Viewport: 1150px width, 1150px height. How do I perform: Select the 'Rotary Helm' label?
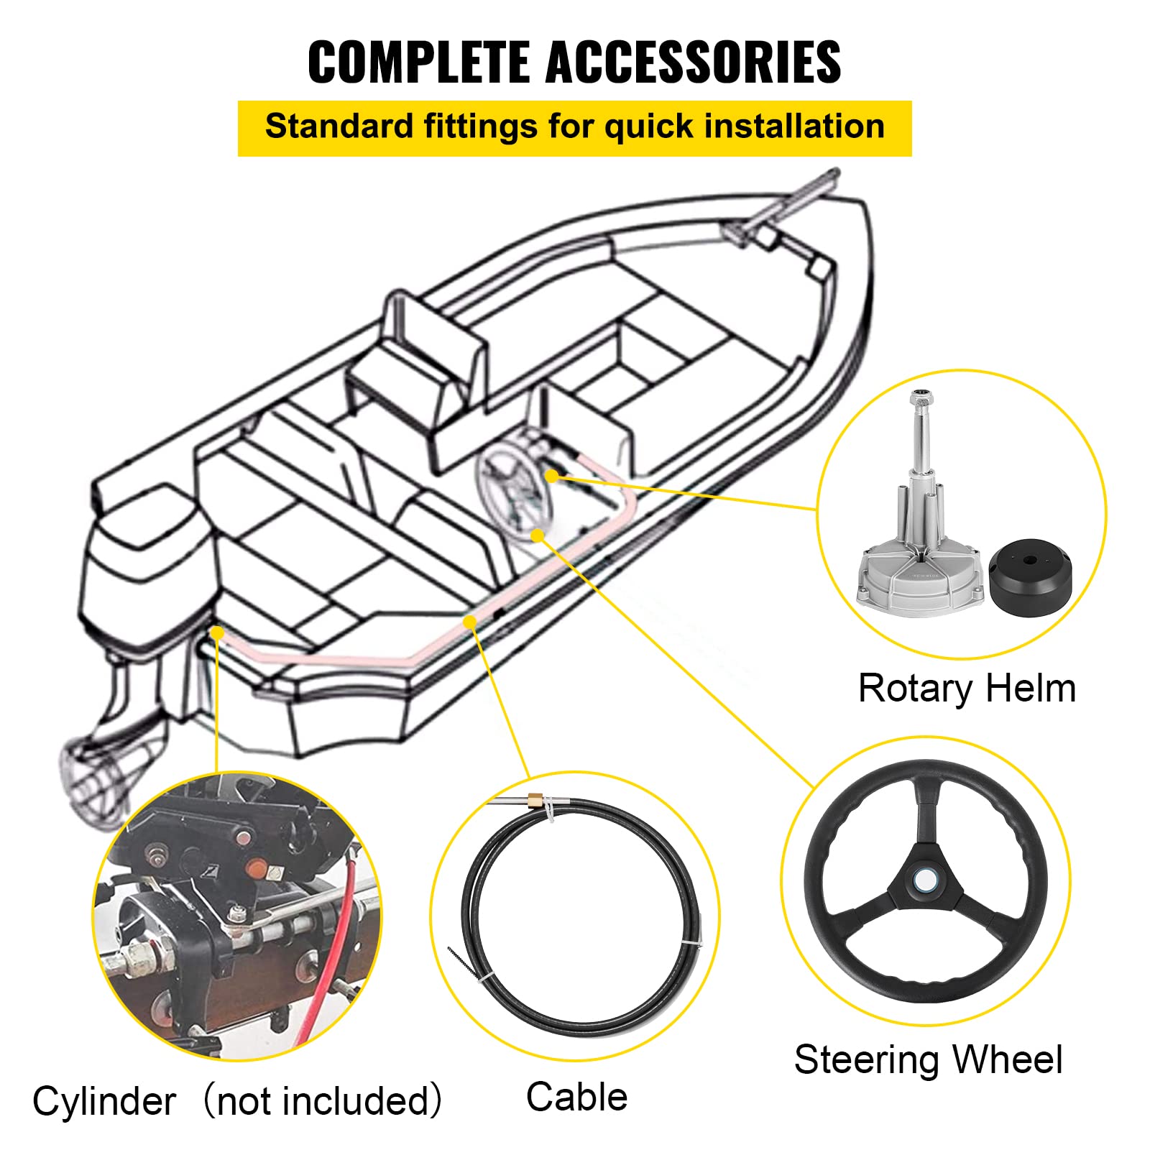(x=967, y=689)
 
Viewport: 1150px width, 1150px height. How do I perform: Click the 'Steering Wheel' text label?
(x=928, y=1059)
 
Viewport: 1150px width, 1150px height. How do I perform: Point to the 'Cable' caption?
(x=576, y=1098)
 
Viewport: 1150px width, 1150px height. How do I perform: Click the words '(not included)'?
(x=322, y=1101)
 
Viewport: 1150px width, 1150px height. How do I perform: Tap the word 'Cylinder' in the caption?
(x=104, y=1101)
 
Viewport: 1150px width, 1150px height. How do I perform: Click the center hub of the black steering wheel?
(x=926, y=880)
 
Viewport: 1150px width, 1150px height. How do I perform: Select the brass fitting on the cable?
(x=535, y=800)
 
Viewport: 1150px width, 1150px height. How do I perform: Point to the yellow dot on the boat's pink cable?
(x=469, y=622)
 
